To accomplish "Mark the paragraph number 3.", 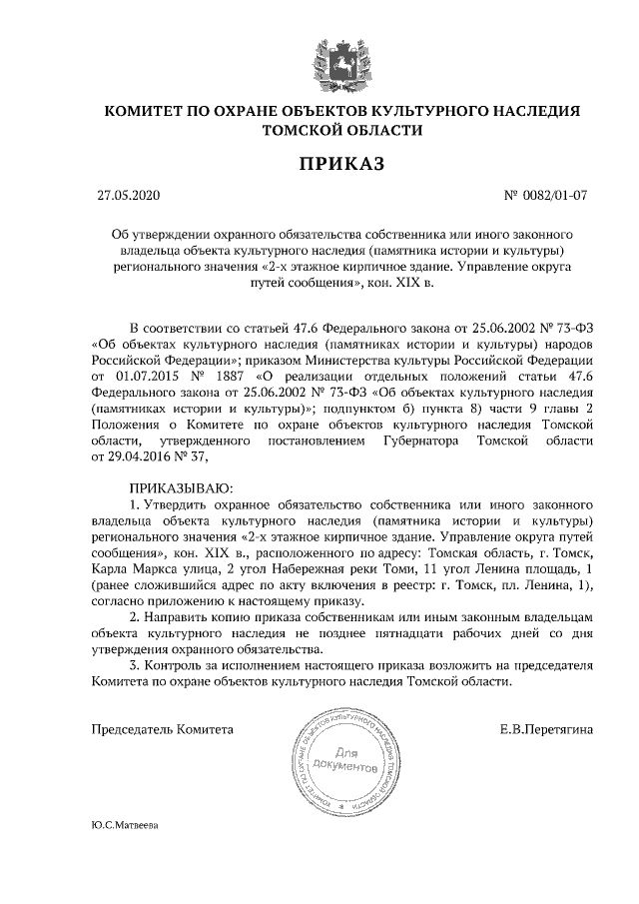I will click(135, 665).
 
